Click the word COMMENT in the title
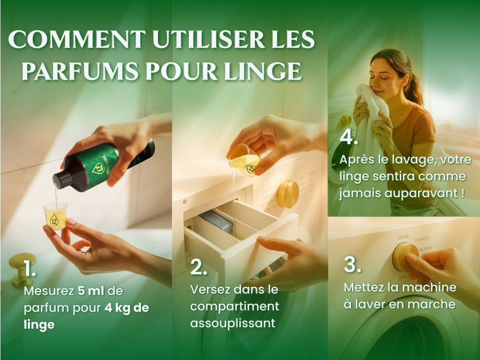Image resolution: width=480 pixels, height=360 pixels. point(77,39)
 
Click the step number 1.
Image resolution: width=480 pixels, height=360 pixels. point(30,269)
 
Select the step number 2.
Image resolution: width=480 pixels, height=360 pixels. point(198,267)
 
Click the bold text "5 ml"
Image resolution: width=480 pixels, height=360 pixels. point(91,291)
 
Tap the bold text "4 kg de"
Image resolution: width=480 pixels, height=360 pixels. point(127,307)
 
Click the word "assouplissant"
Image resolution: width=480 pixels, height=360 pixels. point(232,323)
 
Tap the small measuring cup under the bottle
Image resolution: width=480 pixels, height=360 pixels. point(55,216)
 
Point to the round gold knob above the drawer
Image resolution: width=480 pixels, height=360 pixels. point(287,194)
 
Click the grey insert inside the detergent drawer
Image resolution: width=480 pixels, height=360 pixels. point(217,221)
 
